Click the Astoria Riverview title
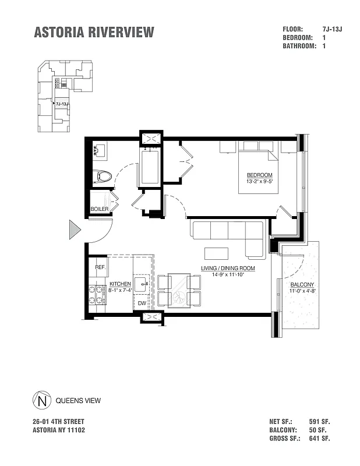point(94,33)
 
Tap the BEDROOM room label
point(259,175)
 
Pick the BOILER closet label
point(100,209)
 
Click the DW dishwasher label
point(142,303)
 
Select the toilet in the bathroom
point(103,175)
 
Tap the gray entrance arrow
point(74,230)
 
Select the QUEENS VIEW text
point(78,401)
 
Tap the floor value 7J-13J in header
point(332,29)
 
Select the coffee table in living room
point(216,253)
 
